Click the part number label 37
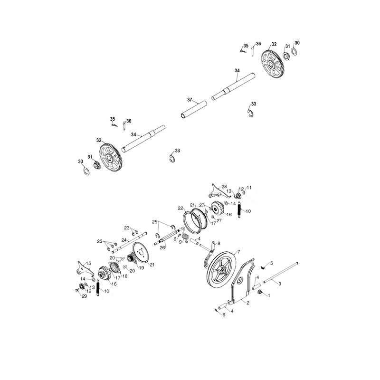190,100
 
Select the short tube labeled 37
194,110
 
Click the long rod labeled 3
281,272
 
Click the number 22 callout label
180,208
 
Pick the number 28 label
224,187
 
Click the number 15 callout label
88,263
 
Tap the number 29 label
84,296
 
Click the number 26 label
162,247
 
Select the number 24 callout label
124,240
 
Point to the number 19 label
141,268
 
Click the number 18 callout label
125,276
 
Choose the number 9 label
180,242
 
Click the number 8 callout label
219,243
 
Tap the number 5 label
271,263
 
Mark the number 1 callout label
269,295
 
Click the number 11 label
249,188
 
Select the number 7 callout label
238,252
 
